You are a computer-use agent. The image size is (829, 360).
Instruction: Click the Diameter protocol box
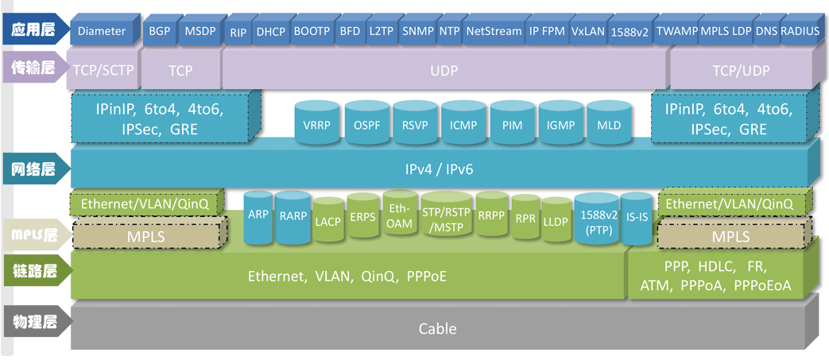click(x=102, y=32)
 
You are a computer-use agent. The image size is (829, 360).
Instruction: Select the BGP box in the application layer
click(x=159, y=32)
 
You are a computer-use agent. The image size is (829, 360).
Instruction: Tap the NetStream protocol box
click(x=493, y=32)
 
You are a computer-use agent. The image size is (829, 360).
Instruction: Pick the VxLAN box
click(x=588, y=32)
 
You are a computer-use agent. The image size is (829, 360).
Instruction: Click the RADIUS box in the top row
click(x=800, y=32)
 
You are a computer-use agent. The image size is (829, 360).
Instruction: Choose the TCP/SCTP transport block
click(x=103, y=70)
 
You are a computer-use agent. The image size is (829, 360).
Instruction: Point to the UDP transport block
click(x=444, y=70)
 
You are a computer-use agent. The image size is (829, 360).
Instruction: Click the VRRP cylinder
click(x=318, y=125)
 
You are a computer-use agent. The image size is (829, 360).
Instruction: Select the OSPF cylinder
click(x=367, y=125)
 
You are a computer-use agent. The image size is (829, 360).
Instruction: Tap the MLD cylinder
click(x=609, y=125)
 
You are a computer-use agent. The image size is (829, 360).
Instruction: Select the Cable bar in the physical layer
click(x=437, y=328)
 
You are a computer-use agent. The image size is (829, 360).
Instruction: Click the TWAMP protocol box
click(x=677, y=32)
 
